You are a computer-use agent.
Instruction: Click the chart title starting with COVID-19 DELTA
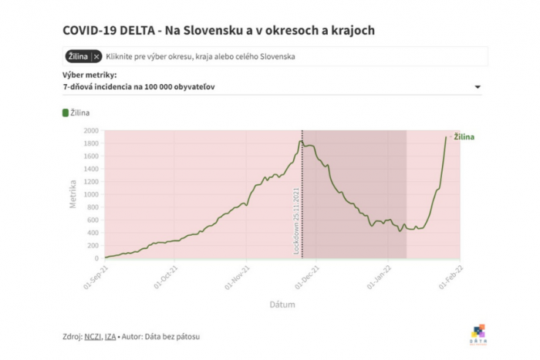tap(219, 29)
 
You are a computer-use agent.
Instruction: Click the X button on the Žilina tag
tap(96, 56)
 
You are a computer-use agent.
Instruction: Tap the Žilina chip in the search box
tap(76, 56)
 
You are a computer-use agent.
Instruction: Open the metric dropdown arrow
tap(478, 87)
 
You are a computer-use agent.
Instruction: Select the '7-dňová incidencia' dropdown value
tap(139, 87)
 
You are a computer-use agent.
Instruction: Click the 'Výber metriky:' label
tap(89, 75)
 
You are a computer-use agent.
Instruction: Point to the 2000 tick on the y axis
tap(90, 130)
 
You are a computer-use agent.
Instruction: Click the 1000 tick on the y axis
tap(90, 194)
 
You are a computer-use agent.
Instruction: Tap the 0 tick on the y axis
tap(96, 258)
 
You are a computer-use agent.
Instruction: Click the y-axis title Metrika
tap(73, 194)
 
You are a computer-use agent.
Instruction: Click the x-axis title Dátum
tap(282, 304)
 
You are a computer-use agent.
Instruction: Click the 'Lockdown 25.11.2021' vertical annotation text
tap(296, 220)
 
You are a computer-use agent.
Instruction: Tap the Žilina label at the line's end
tap(463, 137)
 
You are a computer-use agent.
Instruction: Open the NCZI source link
tap(94, 336)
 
